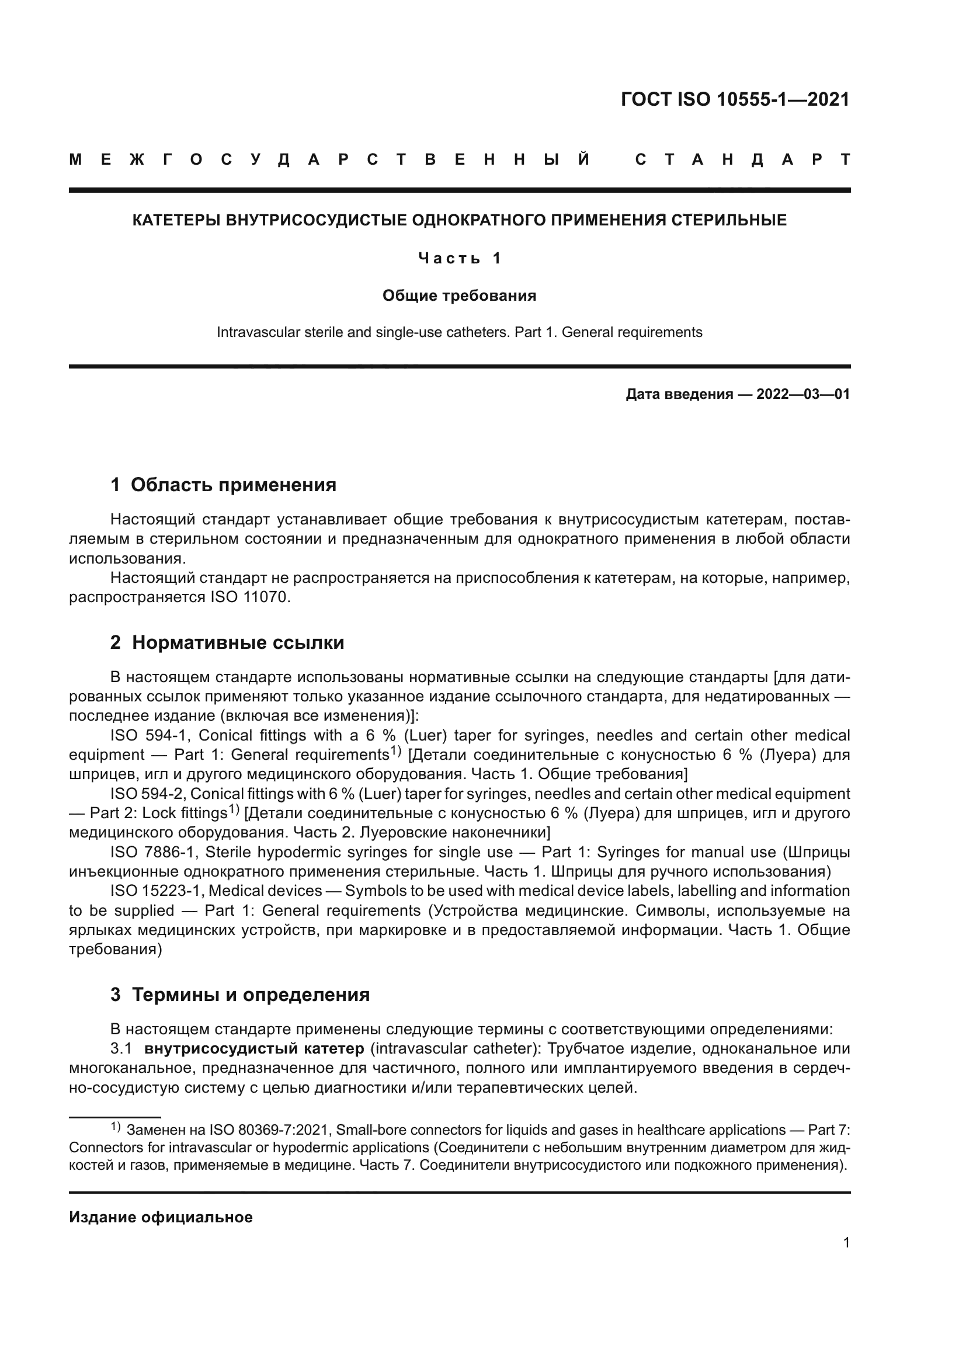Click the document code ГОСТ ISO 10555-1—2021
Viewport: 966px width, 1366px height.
(735, 99)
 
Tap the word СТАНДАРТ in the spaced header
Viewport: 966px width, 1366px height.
(742, 160)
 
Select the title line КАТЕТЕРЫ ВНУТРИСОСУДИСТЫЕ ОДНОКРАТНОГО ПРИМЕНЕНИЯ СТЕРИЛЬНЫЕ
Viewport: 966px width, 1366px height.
(459, 221)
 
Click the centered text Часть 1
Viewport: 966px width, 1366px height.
(459, 258)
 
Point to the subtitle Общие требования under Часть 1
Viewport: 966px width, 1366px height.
(459, 296)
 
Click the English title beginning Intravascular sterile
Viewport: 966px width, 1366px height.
(459, 332)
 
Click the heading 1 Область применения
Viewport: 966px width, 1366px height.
(224, 485)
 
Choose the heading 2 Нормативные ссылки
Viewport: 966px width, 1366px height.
(227, 642)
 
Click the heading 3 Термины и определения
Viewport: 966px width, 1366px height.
(239, 995)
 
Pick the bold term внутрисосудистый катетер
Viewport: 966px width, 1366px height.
(254, 1048)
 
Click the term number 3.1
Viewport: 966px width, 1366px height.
(121, 1048)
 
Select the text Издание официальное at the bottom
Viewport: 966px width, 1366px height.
(161, 1217)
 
